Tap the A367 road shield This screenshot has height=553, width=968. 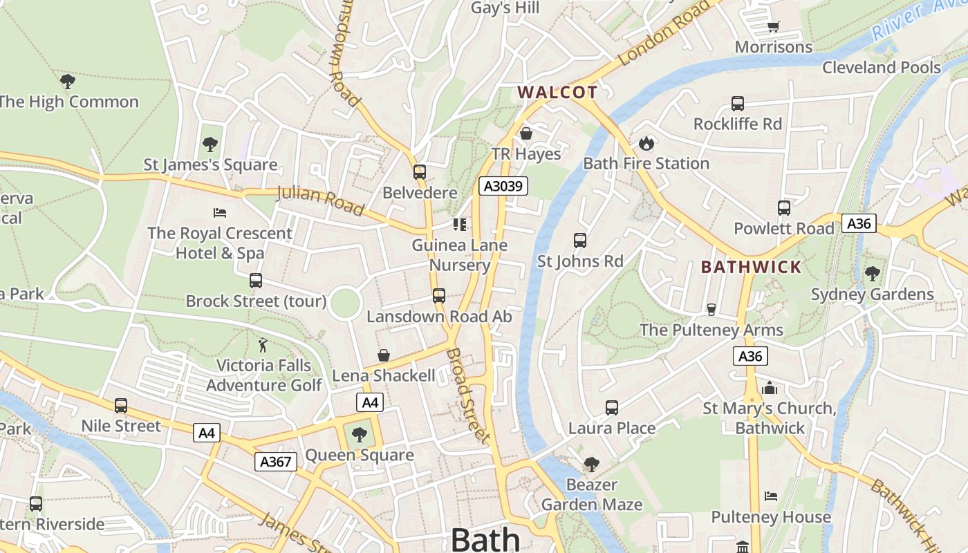tap(275, 462)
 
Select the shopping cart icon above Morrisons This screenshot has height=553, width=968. tap(773, 26)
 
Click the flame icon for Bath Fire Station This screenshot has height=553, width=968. tap(646, 143)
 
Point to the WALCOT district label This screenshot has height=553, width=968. tap(557, 93)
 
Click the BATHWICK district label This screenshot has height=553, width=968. tap(751, 267)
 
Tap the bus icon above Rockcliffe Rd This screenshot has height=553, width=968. tap(738, 104)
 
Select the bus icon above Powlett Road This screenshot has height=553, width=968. tap(783, 207)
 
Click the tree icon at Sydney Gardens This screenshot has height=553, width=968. tap(872, 274)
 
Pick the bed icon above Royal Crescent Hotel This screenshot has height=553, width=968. tap(220, 212)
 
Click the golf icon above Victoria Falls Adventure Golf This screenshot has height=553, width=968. tap(263, 344)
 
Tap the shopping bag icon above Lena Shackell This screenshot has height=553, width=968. tap(384, 355)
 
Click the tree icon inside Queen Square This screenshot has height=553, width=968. tap(359, 435)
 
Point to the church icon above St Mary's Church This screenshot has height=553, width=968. tap(770, 388)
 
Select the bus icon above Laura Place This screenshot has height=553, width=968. tap(612, 408)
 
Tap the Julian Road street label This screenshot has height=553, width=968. tap(320, 199)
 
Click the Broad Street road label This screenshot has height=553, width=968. tap(468, 395)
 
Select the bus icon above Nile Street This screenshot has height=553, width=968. tap(121, 406)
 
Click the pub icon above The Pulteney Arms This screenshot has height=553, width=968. tap(711, 309)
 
